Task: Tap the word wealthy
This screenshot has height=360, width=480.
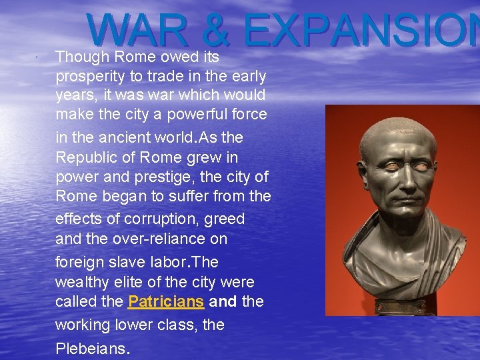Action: click(81, 281)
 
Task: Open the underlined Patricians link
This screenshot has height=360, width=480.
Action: click(165, 301)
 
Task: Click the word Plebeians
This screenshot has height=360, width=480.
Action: click(91, 349)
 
